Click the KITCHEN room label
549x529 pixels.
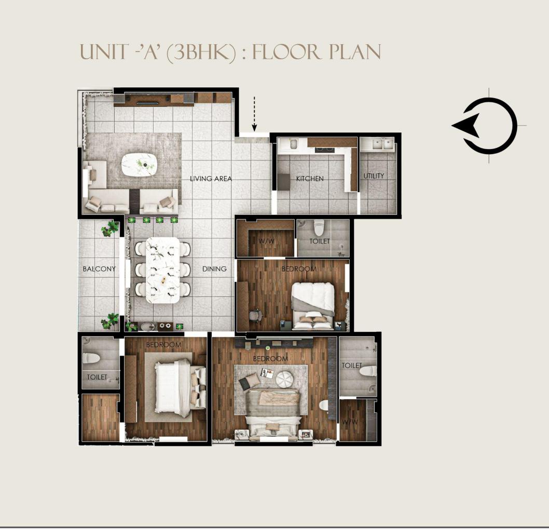310,179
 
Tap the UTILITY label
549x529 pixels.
374,176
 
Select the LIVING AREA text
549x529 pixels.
211,179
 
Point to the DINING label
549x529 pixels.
214,269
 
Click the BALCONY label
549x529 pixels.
99,269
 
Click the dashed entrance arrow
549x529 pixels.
255,114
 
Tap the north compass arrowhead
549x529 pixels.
465,126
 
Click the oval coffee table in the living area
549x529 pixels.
139,165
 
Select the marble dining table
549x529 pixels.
162,270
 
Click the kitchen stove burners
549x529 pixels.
324,150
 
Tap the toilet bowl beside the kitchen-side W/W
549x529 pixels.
319,228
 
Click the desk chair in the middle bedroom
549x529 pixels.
256,315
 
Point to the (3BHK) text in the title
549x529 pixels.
201,53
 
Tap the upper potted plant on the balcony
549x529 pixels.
110,229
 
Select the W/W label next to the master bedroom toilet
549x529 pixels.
350,422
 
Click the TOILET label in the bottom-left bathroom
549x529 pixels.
97,377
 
